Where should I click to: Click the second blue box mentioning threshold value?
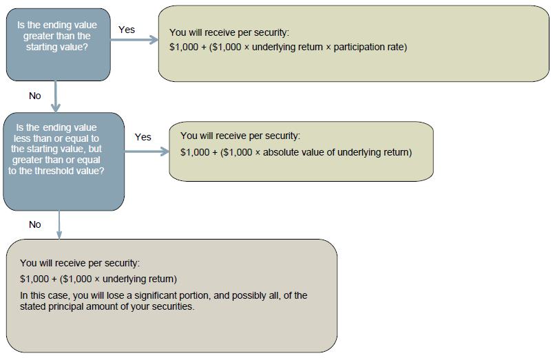(x=63, y=160)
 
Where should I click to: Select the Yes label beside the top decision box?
(x=127, y=30)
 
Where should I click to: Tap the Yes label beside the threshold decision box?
(x=143, y=137)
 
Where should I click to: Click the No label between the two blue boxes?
(x=35, y=96)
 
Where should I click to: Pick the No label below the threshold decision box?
(x=35, y=224)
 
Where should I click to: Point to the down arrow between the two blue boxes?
(x=55, y=96)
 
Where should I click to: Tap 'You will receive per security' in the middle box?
(x=240, y=136)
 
